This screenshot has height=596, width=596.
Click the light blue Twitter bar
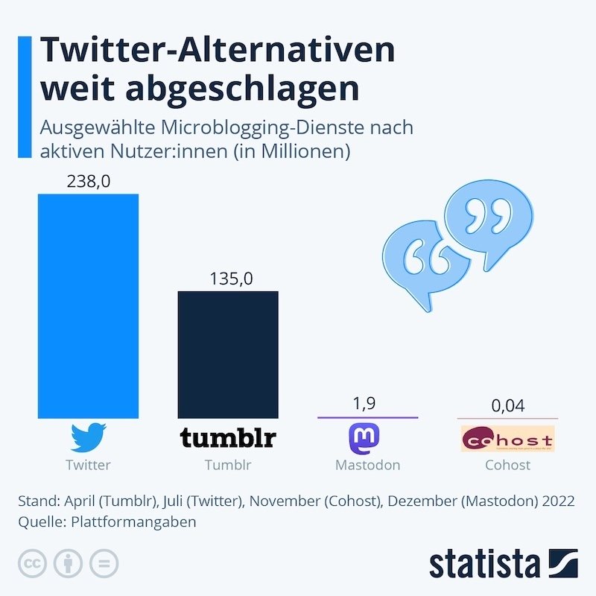coord(88,305)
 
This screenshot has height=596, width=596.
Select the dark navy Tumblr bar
coord(227,355)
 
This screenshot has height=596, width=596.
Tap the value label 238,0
coord(88,181)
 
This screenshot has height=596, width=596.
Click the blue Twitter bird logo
coord(88,437)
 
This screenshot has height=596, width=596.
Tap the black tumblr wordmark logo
coord(227,438)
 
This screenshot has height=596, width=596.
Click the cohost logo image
coord(508,438)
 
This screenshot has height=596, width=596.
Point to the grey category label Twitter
coord(88,465)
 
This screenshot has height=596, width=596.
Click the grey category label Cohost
coord(507,465)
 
